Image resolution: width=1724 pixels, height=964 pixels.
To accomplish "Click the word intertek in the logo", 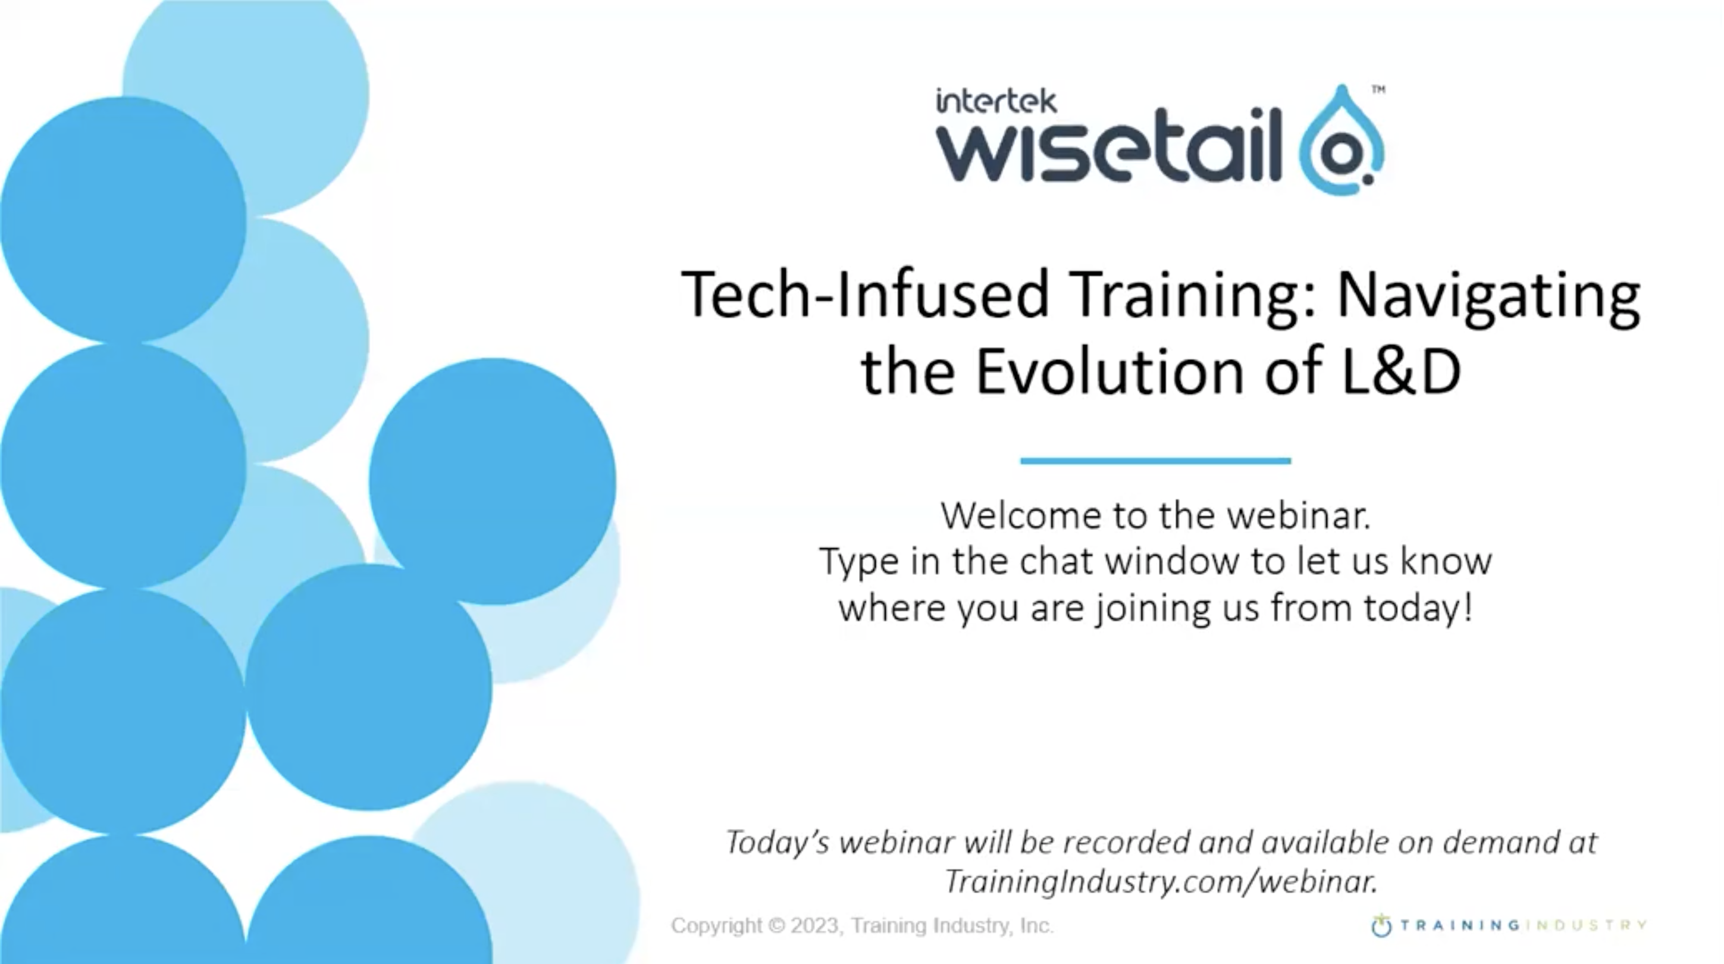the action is pyautogui.click(x=996, y=101).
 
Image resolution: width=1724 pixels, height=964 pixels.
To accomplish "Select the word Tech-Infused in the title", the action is pyautogui.click(x=864, y=295).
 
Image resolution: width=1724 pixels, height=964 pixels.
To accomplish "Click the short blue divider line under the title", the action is pyautogui.click(x=1155, y=461).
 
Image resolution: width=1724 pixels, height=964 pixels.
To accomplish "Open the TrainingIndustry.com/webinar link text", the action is pyautogui.click(x=1161, y=881).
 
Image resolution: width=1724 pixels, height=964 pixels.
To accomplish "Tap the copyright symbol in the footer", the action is pyautogui.click(x=776, y=926).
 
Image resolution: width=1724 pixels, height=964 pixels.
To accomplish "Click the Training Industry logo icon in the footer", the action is pyautogui.click(x=1381, y=926).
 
